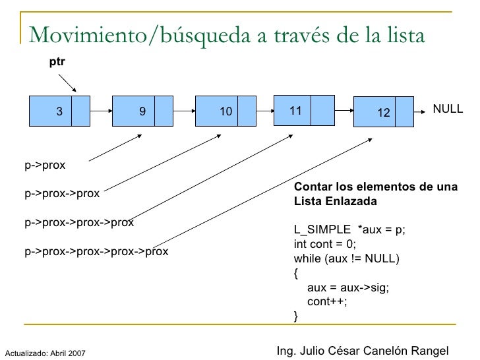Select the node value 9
tap(142, 111)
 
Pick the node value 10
tap(226, 112)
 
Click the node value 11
tap(295, 110)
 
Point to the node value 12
tap(383, 113)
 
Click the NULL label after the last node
tap(448, 109)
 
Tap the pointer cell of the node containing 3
tap(80, 111)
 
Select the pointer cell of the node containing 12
tap(405, 113)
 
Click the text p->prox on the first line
tap(45, 165)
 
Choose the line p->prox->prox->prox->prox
tap(96, 251)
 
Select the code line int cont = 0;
tap(327, 243)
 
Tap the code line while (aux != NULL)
tap(346, 258)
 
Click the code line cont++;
tap(327, 301)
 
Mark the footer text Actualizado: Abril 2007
tap(45, 353)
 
